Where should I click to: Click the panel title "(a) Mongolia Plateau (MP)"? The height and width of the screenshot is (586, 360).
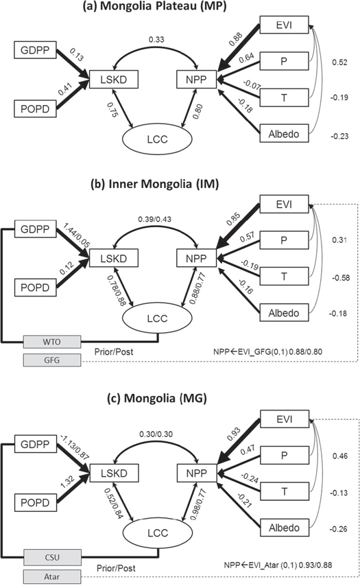point(180,9)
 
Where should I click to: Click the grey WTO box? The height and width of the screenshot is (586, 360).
point(51,341)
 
